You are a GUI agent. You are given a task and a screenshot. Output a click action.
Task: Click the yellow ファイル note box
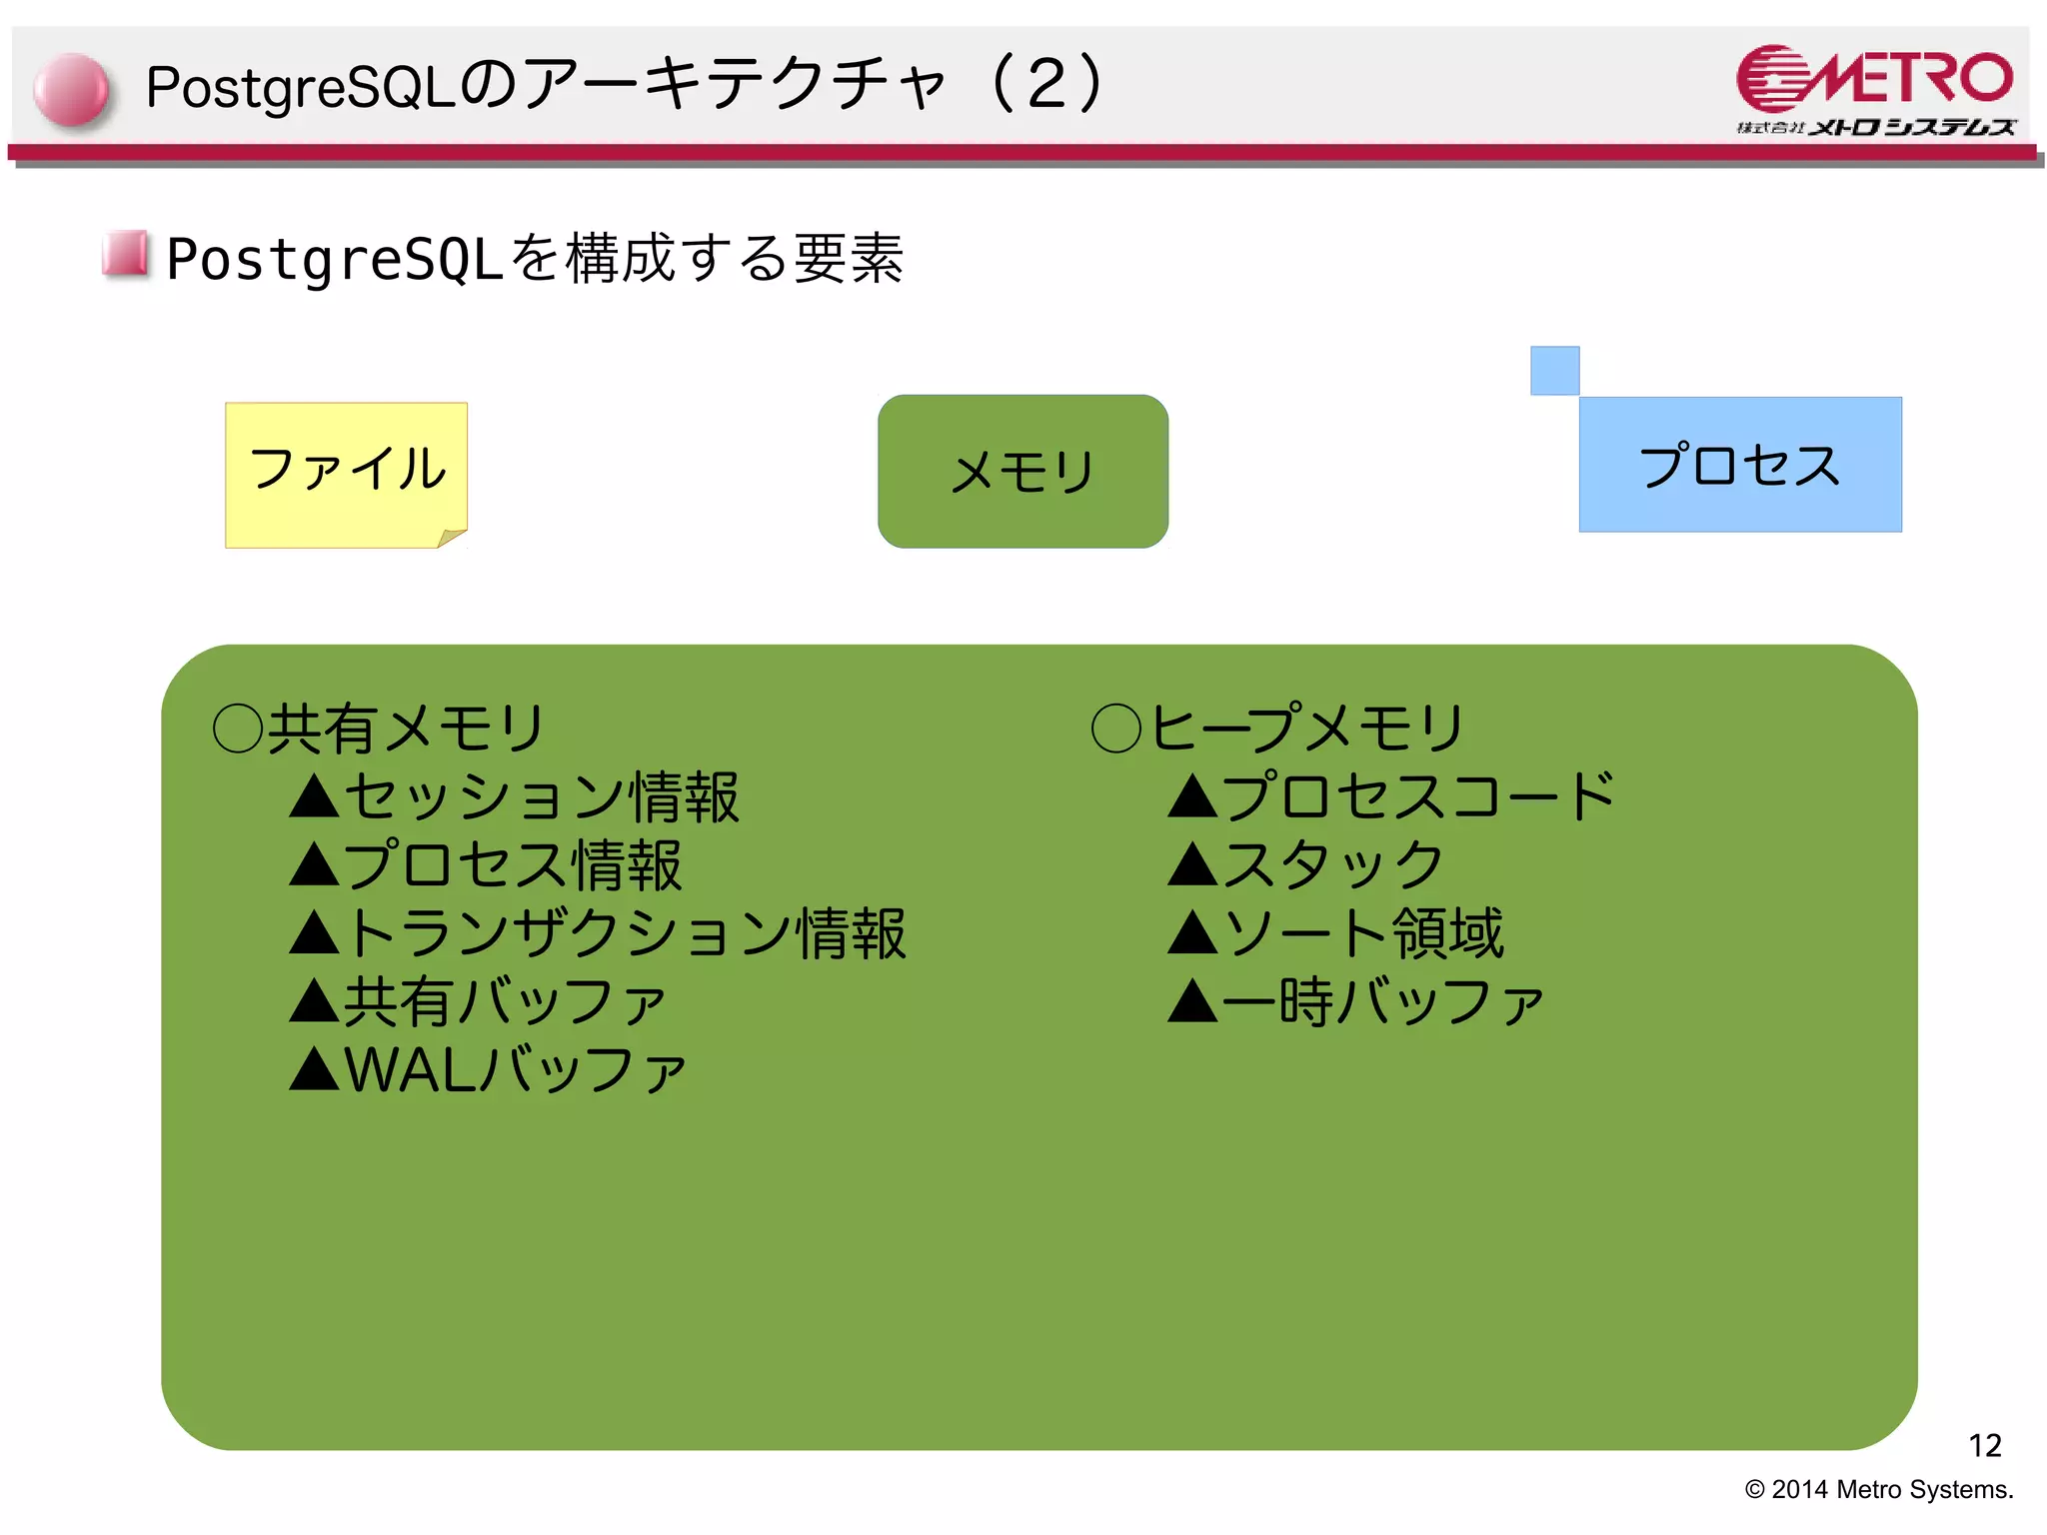pyautogui.click(x=346, y=470)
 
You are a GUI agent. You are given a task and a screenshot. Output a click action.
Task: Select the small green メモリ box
pyautogui.click(x=1023, y=471)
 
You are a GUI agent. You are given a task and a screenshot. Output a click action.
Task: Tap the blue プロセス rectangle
pyautogui.click(x=1739, y=465)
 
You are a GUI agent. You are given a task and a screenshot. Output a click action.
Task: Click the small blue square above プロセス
pyautogui.click(x=1554, y=371)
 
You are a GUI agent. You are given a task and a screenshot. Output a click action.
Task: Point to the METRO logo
pyautogui.click(x=1875, y=89)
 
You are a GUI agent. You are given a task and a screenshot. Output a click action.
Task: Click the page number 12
pyautogui.click(x=1984, y=1445)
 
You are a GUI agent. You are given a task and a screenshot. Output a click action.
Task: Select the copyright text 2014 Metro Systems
pyautogui.click(x=1879, y=1489)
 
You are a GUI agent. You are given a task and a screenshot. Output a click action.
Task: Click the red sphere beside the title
pyautogui.click(x=71, y=90)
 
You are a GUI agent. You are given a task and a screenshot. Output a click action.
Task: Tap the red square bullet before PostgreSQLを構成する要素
pyautogui.click(x=126, y=254)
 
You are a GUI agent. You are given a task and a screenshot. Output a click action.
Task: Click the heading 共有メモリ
pyautogui.click(x=405, y=728)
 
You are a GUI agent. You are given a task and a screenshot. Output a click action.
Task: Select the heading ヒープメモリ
pyautogui.click(x=1305, y=728)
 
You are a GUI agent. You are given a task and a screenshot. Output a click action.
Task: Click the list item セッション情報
pyautogui.click(x=541, y=797)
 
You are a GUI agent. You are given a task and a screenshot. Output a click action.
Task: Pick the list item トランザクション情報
pyautogui.click(x=625, y=934)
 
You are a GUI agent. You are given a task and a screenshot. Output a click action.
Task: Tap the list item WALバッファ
pyautogui.click(x=514, y=1070)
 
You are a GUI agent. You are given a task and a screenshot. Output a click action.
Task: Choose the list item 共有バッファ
pyautogui.click(x=505, y=1002)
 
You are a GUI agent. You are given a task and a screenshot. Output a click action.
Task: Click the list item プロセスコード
pyautogui.click(x=1417, y=797)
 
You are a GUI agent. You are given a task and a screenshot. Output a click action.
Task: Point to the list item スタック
pyautogui.click(x=1331, y=865)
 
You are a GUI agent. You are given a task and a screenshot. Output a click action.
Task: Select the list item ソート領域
pyautogui.click(x=1362, y=934)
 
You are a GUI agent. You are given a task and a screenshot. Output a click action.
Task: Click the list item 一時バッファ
pyautogui.click(x=1381, y=1002)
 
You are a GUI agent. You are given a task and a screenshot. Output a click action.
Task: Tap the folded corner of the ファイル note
pyautogui.click(x=452, y=538)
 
